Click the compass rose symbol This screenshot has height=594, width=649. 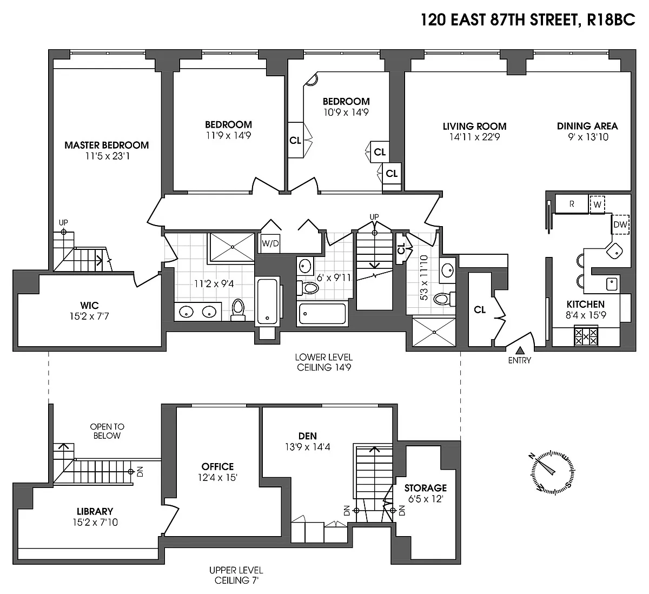pyautogui.click(x=553, y=473)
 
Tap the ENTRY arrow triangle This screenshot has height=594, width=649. pyautogui.click(x=520, y=350)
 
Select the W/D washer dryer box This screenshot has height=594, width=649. pyautogui.click(x=270, y=243)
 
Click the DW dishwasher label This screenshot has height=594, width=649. pyautogui.click(x=620, y=225)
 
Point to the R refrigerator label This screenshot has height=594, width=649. pyautogui.click(x=572, y=204)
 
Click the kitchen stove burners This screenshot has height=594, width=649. pyautogui.click(x=586, y=336)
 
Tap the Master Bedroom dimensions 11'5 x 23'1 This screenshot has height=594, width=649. pyautogui.click(x=108, y=156)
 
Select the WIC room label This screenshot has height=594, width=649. pyautogui.click(x=90, y=305)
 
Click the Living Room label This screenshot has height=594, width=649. pyautogui.click(x=475, y=126)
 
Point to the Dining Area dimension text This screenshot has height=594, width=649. pyautogui.click(x=588, y=137)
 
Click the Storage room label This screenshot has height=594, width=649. pyautogui.click(x=426, y=488)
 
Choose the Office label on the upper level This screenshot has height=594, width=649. pyautogui.click(x=217, y=466)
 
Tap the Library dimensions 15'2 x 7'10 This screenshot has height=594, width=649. pyautogui.click(x=95, y=522)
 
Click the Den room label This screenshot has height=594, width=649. pyautogui.click(x=308, y=436)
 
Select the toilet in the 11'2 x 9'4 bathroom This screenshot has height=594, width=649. pyautogui.click(x=238, y=309)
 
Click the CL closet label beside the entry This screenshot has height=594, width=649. pyautogui.click(x=480, y=310)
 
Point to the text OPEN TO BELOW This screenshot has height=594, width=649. pyautogui.click(x=107, y=431)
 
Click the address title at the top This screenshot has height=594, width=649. pyautogui.click(x=528, y=20)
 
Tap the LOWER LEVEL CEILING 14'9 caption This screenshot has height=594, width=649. pyautogui.click(x=324, y=362)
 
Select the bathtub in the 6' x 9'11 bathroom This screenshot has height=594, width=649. pyautogui.click(x=322, y=313)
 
